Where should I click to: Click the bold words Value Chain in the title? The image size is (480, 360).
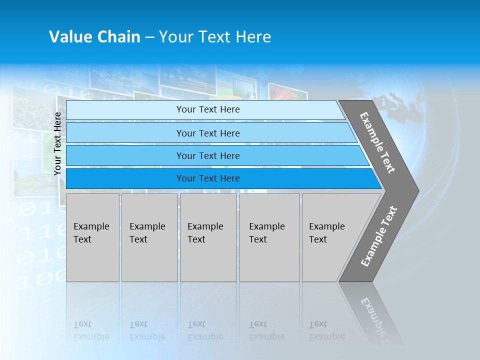(94, 37)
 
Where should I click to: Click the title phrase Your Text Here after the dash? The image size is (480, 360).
(215, 37)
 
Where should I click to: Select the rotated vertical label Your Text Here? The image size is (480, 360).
(57, 143)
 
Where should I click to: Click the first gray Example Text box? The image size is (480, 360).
(92, 237)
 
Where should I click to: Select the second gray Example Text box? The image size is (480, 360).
(149, 237)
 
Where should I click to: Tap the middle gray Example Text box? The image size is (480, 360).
(208, 237)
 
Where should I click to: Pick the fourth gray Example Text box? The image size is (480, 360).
(269, 237)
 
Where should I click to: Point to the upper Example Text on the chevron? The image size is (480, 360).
(377, 142)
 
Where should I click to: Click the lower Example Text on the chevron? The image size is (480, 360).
(379, 236)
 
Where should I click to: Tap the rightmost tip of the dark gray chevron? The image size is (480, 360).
(417, 190)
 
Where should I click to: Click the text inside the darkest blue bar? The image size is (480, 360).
(208, 178)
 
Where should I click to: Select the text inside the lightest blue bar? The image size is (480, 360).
(208, 109)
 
